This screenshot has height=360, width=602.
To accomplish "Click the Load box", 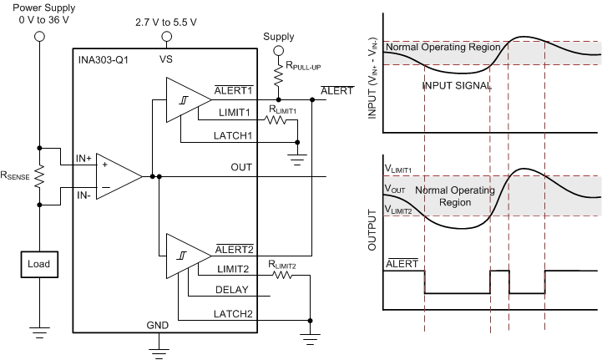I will (x=38, y=264).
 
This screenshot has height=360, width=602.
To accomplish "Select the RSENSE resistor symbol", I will (x=38, y=175).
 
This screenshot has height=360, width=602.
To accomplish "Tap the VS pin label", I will (x=166, y=59).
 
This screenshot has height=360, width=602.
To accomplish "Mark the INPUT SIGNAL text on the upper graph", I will (x=455, y=85).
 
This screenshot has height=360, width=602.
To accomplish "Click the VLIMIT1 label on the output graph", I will (x=398, y=170).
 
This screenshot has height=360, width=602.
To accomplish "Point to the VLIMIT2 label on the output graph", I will (x=398, y=210).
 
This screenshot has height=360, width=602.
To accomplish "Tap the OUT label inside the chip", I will (x=241, y=168).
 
